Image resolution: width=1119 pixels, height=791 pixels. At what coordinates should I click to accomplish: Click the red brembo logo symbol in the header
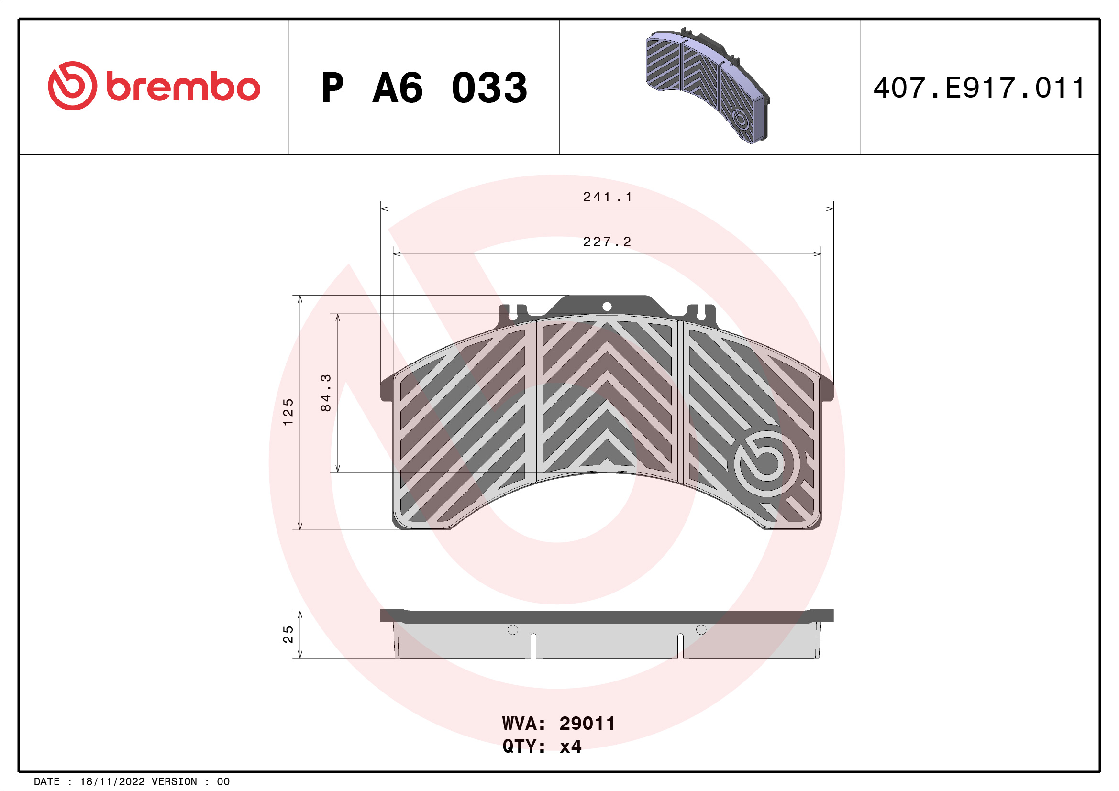pos(72,86)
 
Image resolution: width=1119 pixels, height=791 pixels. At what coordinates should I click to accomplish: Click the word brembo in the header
pos(183,87)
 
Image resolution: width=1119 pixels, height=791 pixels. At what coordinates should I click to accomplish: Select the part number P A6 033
pos(424,88)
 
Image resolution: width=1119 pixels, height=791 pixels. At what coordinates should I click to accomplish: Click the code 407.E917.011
pos(979,88)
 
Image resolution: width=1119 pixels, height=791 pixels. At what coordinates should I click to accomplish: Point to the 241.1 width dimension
pos(607,197)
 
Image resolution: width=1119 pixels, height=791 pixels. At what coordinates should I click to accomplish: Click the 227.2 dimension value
pos(607,242)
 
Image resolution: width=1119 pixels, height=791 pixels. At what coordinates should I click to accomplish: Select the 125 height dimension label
pos(288,412)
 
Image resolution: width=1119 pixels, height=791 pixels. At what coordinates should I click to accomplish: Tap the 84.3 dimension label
pos(326,393)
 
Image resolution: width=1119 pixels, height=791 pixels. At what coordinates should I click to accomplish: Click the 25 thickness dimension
pos(288,635)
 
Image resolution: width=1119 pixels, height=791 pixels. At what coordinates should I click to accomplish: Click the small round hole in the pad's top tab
pos(607,307)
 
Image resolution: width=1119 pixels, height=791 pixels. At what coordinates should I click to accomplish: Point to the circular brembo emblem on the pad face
pos(766,463)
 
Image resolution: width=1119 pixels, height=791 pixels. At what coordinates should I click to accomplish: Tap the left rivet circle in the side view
pos(513,630)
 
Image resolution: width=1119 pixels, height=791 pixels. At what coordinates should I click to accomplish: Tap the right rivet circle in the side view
pos(701,630)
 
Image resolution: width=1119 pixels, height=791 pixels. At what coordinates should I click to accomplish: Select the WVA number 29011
pos(587,723)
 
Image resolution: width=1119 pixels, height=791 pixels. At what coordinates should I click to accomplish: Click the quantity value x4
pos(570,746)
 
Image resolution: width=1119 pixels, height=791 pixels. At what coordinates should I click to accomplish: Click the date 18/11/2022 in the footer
pos(112,782)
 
